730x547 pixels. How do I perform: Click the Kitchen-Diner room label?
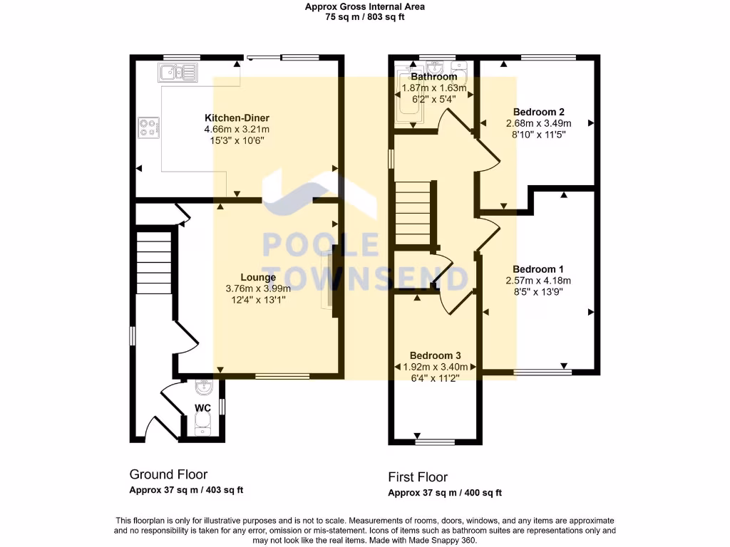point(237,118)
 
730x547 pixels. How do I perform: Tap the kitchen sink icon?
point(178,72)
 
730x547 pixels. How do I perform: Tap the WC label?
point(202,408)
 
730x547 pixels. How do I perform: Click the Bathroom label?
point(434,77)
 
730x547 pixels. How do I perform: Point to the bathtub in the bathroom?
point(408,100)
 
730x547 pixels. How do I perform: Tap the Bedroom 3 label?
point(435,355)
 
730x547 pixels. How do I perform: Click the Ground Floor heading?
point(168,474)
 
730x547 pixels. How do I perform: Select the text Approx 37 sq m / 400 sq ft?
point(445,493)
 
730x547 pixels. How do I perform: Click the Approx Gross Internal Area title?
point(364,7)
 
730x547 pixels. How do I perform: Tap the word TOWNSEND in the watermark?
point(366,277)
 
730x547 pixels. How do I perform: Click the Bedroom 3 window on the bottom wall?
point(435,442)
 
